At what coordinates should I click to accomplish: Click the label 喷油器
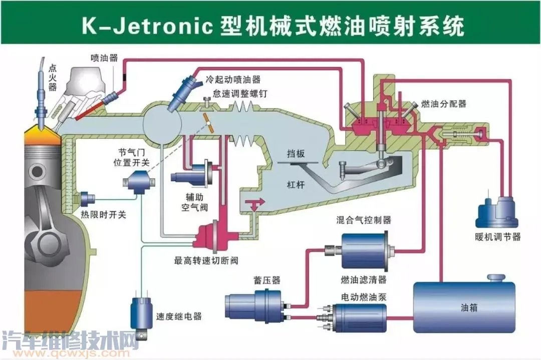point(105,58)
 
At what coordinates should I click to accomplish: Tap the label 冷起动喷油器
point(233,80)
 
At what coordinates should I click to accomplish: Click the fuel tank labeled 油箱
point(463,306)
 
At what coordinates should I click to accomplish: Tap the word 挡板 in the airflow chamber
point(296,154)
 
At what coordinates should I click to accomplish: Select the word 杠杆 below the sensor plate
point(296,184)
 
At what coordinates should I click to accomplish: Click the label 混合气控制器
point(364,220)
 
